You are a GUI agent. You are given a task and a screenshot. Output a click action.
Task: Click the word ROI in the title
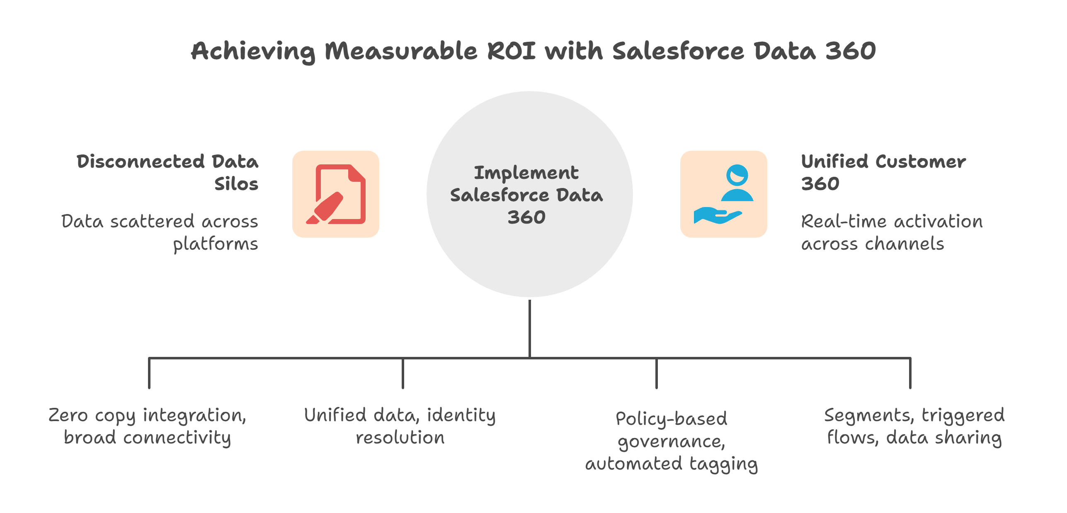[x=511, y=51]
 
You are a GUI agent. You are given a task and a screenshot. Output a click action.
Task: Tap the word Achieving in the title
[x=253, y=52]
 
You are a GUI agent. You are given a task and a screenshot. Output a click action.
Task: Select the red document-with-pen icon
[x=336, y=194]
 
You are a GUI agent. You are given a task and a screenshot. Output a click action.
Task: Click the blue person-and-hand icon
[x=723, y=194]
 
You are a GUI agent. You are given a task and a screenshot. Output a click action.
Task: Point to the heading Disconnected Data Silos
[x=167, y=172]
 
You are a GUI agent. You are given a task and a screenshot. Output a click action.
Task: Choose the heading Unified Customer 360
[x=883, y=172]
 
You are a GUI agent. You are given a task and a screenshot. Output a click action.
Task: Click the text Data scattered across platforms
[x=160, y=232]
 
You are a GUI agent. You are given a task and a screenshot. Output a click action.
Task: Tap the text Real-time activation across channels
[x=891, y=232]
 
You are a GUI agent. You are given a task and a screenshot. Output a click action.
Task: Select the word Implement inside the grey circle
[x=526, y=173]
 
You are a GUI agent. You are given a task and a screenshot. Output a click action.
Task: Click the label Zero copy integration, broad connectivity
[x=148, y=426]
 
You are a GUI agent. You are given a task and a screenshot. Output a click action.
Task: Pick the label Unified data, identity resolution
[x=400, y=426]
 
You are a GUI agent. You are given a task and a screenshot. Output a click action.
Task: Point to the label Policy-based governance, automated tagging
[x=672, y=441]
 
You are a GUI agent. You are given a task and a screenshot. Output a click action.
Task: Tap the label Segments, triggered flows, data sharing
[x=914, y=426]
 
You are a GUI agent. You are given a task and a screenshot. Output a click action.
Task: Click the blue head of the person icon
[x=737, y=175]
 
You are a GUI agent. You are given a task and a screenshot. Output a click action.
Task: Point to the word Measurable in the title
[x=401, y=51]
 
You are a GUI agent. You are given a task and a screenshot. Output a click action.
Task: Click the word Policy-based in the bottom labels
[x=672, y=419]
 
